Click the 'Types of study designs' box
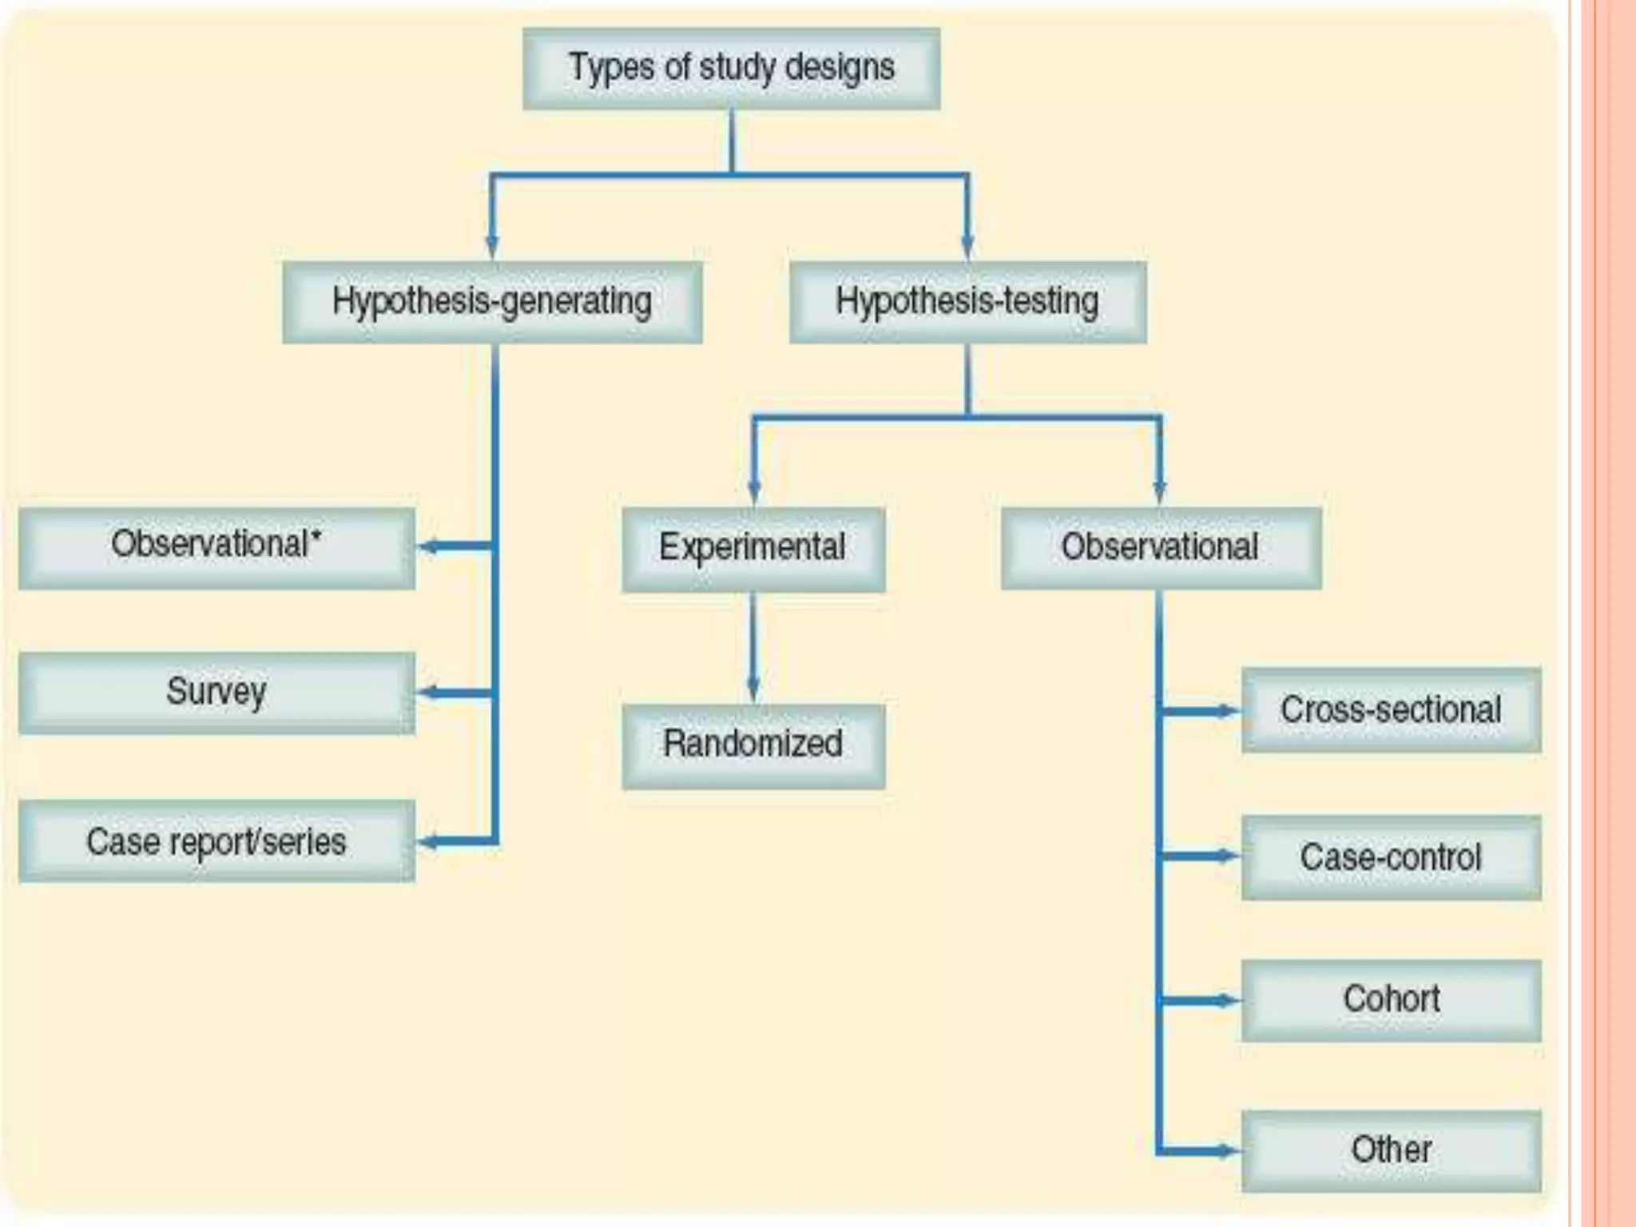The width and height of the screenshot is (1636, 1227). [731, 69]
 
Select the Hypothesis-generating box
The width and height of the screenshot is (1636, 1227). [492, 303]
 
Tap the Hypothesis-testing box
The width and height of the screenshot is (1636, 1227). [967, 303]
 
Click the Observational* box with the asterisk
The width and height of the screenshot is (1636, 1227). [216, 548]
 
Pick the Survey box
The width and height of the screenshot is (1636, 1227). [216, 693]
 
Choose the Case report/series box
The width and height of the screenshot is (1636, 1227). [216, 841]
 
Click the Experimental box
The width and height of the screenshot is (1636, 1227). [752, 549]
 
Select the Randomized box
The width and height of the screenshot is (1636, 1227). [752, 745]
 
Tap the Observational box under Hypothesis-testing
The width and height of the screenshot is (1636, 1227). [1160, 549]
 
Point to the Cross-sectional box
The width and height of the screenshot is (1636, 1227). [1391, 710]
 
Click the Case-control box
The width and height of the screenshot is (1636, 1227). [1391, 857]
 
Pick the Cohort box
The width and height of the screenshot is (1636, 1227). [1391, 1000]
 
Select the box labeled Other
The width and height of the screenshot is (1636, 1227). [1391, 1150]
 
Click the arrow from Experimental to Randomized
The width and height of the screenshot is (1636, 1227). [752, 647]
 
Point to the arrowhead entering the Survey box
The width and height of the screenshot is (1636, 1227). [428, 693]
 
